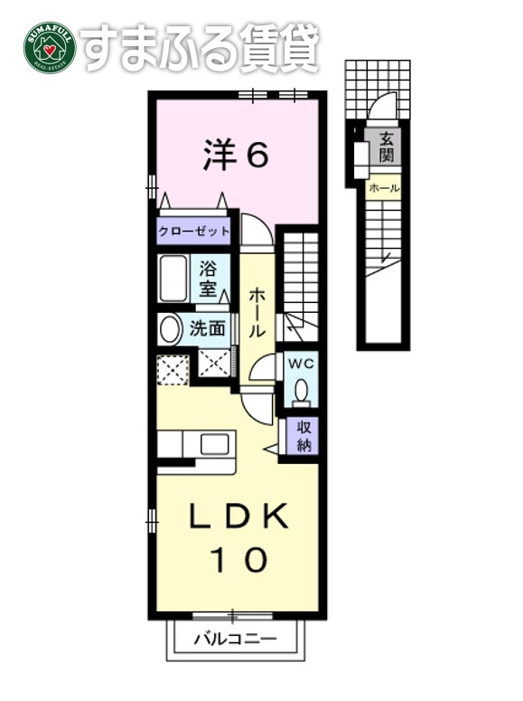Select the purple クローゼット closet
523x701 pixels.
[x=194, y=232]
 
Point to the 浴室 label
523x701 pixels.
[x=208, y=279]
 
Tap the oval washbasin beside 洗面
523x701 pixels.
[x=170, y=328]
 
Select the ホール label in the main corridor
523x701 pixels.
[x=257, y=312]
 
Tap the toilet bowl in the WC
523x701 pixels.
[x=301, y=390]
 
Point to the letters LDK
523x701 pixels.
[x=238, y=517]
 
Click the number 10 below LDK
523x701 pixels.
[x=238, y=561]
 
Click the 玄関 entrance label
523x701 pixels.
[x=386, y=147]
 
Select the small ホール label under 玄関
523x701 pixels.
[x=384, y=188]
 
